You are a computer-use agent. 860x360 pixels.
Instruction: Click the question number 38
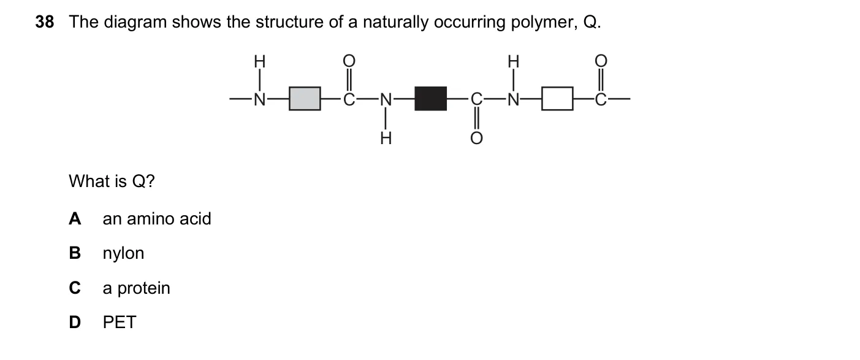point(45,22)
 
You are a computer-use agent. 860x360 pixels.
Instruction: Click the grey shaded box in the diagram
point(305,99)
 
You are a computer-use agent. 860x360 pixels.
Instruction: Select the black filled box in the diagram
point(431,99)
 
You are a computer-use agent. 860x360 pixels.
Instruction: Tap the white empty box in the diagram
point(557,99)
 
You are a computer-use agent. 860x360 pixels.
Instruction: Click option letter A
point(75,218)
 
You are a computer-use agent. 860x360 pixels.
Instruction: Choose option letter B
point(75,253)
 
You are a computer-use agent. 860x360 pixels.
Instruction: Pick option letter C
point(75,288)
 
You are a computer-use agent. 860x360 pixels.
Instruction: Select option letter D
point(75,322)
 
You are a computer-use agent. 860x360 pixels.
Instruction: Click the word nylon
point(123,254)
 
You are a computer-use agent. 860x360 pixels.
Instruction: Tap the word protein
point(143,288)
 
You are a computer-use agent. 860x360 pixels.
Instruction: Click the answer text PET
point(120,322)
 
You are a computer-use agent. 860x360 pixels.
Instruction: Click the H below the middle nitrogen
point(386,139)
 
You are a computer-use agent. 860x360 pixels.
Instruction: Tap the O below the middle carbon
point(476,139)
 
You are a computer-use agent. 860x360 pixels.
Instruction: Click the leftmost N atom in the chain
point(260,99)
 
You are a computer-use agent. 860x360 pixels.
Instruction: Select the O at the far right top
point(601,61)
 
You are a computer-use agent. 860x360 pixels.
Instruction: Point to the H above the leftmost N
point(260,61)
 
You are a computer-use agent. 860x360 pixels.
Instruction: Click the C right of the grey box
point(349,99)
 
